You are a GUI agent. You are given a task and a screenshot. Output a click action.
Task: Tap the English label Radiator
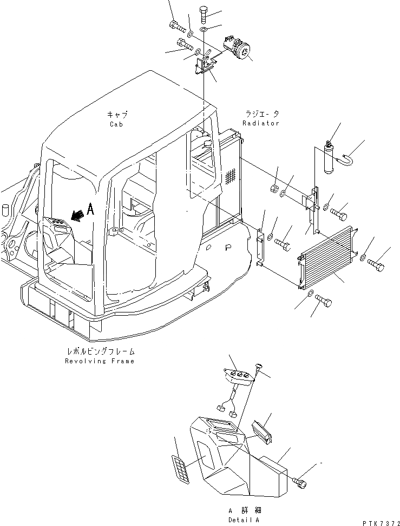click(x=260, y=123)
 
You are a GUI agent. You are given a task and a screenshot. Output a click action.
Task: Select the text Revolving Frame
click(x=99, y=361)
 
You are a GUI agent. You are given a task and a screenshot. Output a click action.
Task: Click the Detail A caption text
click(x=243, y=520)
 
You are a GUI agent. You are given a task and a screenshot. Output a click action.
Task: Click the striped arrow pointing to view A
click(x=77, y=216)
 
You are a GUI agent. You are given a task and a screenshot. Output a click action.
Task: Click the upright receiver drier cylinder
click(x=329, y=157)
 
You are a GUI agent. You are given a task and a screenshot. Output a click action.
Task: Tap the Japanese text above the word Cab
click(x=116, y=114)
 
